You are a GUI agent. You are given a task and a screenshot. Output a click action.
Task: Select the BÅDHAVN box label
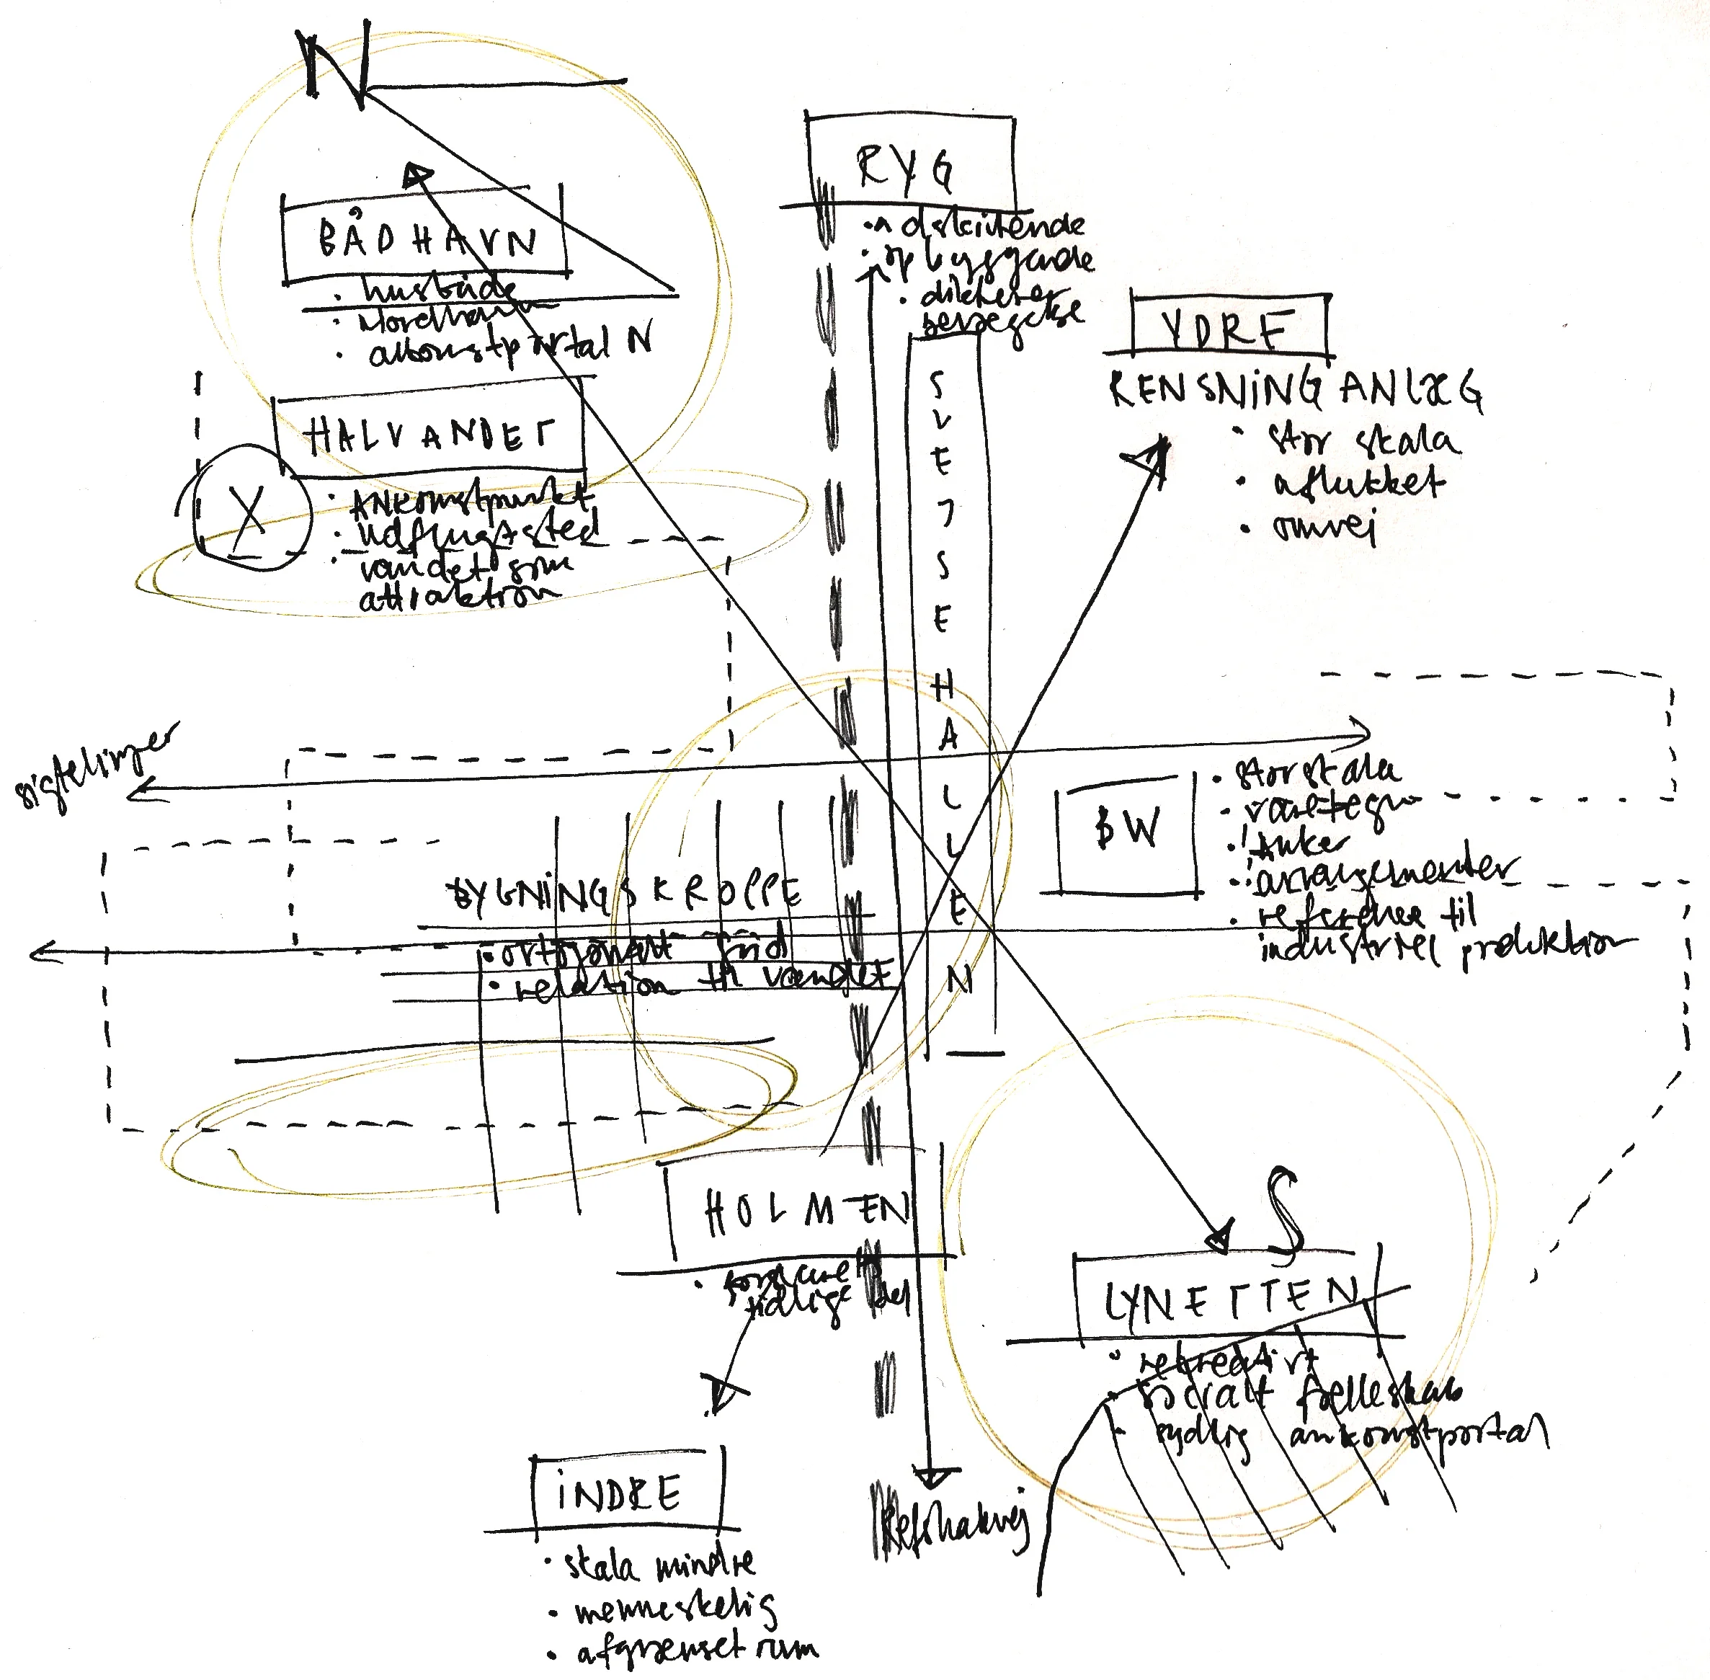tap(426, 239)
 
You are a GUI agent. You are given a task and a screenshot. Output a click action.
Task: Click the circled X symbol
tap(251, 511)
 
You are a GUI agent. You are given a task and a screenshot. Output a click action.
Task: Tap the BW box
tap(1127, 830)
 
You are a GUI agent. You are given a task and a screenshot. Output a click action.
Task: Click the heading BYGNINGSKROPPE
tap(625, 894)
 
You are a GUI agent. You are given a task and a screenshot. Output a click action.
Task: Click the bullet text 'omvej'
tap(1324, 527)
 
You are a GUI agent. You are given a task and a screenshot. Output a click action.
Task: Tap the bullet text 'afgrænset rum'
tap(697, 1648)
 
